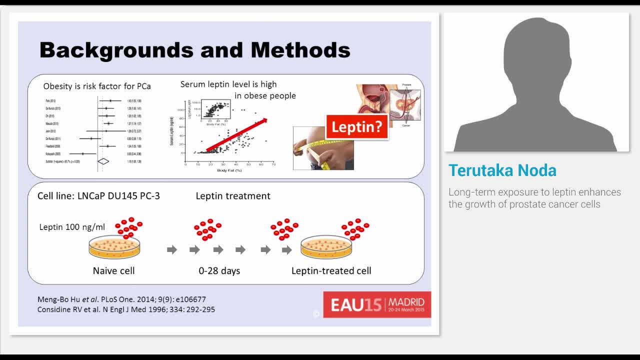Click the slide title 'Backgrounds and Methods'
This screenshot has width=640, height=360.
coord(194,50)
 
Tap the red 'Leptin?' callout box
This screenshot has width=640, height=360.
coord(356,127)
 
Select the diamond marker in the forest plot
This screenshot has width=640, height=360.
coord(103,161)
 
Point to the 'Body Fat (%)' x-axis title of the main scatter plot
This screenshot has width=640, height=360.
coord(229,171)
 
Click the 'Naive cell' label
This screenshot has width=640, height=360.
coord(113,271)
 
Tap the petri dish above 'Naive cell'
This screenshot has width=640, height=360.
coord(114,247)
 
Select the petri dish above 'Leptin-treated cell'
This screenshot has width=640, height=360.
coord(326,247)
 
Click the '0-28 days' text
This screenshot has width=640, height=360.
coord(219,271)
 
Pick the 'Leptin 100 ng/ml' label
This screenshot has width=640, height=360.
coord(72,227)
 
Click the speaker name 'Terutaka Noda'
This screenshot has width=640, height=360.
coord(502,170)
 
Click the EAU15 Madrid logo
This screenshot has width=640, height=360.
coord(377,304)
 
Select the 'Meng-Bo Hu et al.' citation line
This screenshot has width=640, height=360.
coord(121,299)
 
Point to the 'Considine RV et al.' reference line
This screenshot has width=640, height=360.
coord(126,309)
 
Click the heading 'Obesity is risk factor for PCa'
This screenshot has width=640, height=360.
coord(97,86)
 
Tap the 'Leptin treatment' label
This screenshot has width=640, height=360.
coord(232,196)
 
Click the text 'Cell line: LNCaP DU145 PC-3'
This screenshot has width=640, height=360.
coord(98,196)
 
